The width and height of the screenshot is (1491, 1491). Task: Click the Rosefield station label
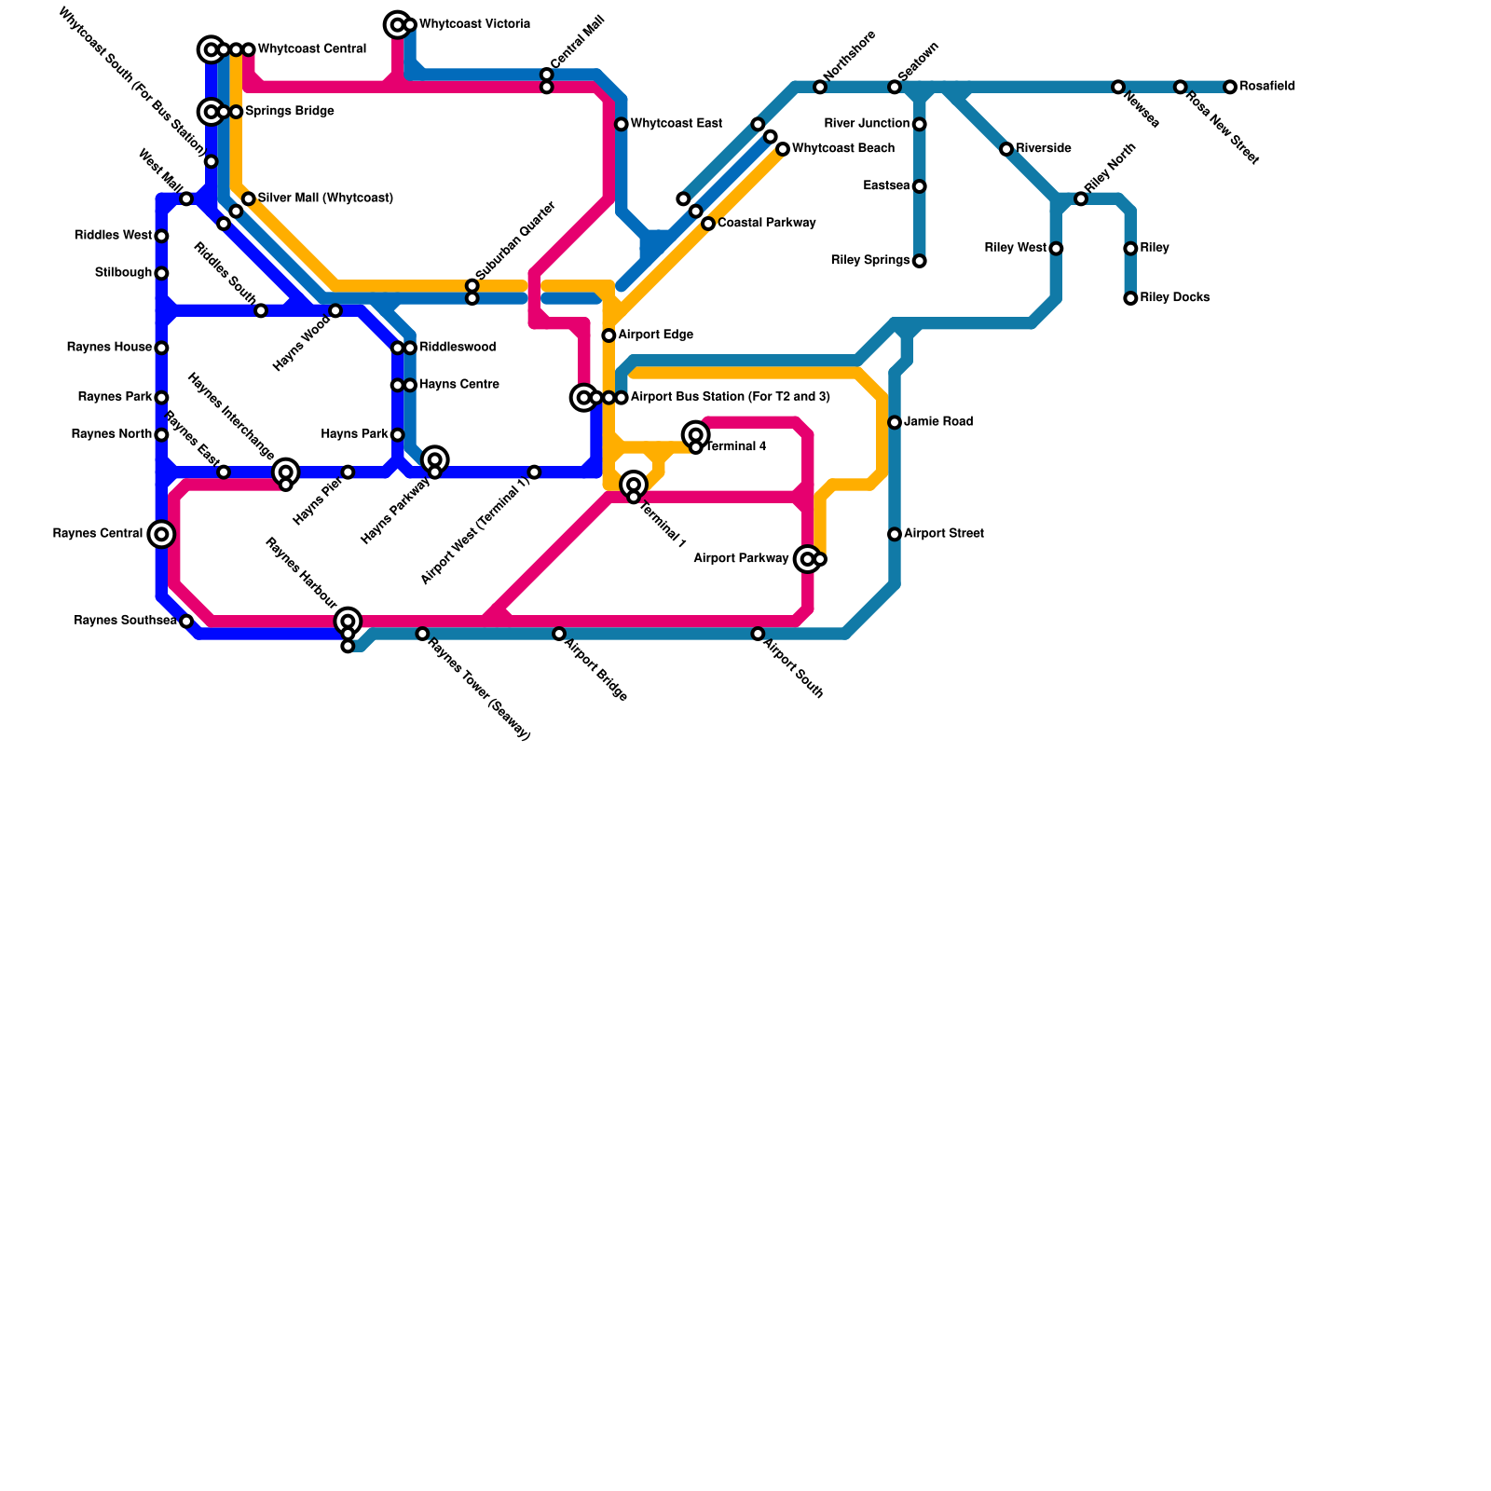tap(1266, 87)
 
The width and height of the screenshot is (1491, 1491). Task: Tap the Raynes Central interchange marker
tap(161, 534)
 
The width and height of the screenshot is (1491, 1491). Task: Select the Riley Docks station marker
tap(1130, 298)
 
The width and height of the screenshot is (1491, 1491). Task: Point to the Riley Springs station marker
tap(920, 261)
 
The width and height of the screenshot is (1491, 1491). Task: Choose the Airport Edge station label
tap(655, 335)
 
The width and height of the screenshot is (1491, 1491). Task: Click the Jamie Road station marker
tap(895, 422)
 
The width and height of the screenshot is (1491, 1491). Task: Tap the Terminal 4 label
tap(735, 447)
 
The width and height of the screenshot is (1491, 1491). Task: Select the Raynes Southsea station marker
tap(186, 622)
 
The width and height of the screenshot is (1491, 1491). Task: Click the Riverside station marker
tap(1006, 149)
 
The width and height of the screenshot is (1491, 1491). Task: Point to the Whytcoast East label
tap(676, 124)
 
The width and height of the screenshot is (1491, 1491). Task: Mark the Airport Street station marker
tap(895, 534)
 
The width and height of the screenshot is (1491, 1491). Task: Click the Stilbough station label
tap(123, 273)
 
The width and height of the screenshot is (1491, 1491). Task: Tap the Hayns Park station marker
tap(398, 435)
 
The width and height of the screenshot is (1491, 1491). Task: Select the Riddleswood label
tap(458, 348)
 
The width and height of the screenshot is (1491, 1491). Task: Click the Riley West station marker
tap(1056, 249)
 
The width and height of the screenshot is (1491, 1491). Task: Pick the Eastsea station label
tap(886, 186)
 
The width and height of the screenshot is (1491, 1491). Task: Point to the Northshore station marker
tap(820, 88)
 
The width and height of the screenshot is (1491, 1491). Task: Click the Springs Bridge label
tap(289, 112)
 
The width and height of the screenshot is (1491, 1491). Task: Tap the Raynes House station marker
tap(161, 348)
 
